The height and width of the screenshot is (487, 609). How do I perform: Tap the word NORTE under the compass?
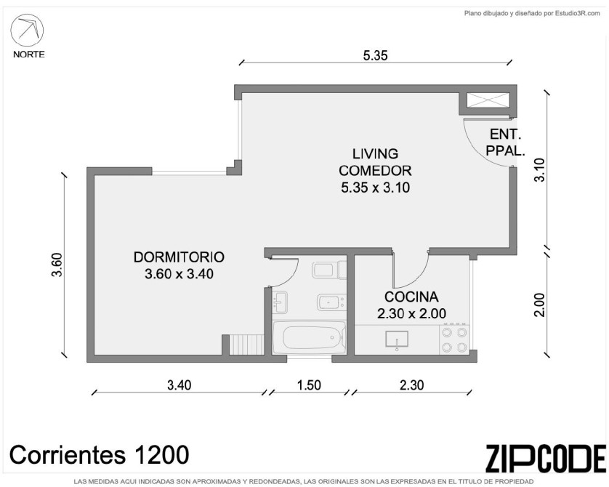coord(29,55)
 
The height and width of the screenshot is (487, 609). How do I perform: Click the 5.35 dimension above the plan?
coord(375,55)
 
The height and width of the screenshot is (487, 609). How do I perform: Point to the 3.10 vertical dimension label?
coord(539,169)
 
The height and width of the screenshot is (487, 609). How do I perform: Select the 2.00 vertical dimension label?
coord(539,305)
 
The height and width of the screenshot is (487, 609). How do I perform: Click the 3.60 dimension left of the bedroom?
coord(57,265)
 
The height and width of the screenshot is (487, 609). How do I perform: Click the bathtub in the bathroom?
coord(309,337)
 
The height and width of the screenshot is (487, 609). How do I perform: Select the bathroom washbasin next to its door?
coord(280,302)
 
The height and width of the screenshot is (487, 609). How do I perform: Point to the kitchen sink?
coord(397,339)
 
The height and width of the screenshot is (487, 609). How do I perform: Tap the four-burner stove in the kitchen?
coord(454,339)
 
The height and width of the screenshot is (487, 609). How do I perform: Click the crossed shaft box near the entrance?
coord(488,100)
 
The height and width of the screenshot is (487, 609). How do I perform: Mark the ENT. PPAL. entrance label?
coord(505,142)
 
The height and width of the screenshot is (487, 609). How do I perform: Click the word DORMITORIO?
coord(179,257)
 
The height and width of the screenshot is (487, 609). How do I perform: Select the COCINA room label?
coord(412,297)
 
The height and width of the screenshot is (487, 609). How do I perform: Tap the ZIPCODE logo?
coord(545,458)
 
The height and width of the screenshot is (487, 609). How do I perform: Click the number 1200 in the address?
coord(161,455)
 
